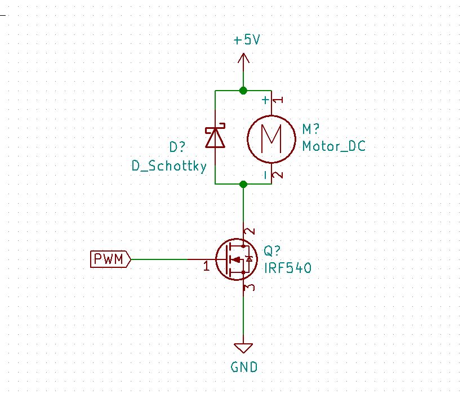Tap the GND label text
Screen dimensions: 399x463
(244, 367)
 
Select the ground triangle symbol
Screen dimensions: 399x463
(243, 347)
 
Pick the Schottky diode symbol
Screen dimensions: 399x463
(215, 137)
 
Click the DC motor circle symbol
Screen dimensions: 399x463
(271, 137)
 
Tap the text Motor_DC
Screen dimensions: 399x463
(334, 146)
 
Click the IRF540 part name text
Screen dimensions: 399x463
(288, 268)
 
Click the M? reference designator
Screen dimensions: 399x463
(312, 129)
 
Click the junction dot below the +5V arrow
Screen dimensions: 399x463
(243, 90)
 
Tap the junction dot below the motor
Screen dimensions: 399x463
(243, 184)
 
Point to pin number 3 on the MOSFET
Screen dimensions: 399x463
(251, 288)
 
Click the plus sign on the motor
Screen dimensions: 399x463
(264, 100)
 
